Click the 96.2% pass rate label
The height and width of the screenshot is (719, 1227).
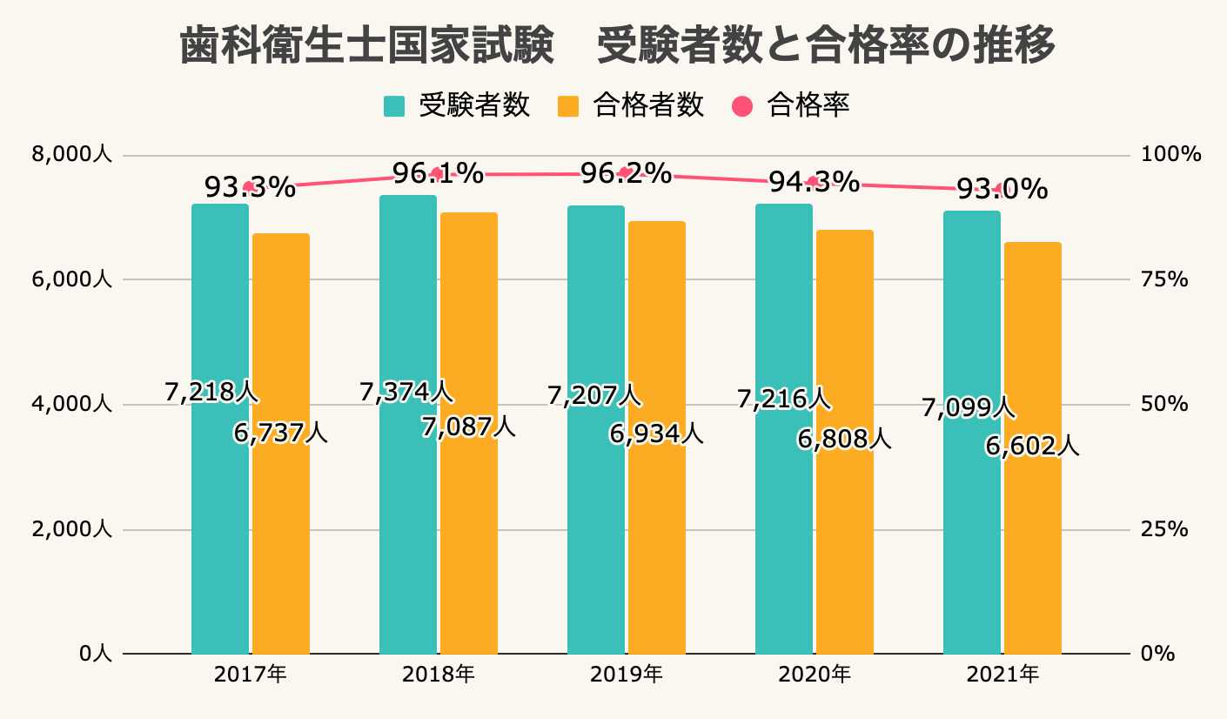pyautogui.click(x=626, y=173)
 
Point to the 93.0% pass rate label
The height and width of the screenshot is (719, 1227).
pyautogui.click(x=1002, y=189)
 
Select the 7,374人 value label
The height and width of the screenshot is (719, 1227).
pyautogui.click(x=406, y=392)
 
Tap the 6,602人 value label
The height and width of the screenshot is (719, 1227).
pyautogui.click(x=1032, y=447)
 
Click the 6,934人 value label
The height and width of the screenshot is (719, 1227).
pyautogui.click(x=656, y=433)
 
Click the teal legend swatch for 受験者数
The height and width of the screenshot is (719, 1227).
pyautogui.click(x=394, y=106)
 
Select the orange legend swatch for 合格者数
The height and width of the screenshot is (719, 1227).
pyautogui.click(x=568, y=106)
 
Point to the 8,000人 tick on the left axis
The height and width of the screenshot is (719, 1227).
pyautogui.click(x=72, y=155)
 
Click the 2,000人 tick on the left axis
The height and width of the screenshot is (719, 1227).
pyautogui.click(x=72, y=529)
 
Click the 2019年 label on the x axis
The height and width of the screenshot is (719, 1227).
pyautogui.click(x=626, y=674)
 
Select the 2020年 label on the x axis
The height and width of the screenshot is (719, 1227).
pyautogui.click(x=814, y=674)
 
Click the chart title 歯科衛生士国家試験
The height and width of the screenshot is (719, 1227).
pyautogui.click(x=366, y=45)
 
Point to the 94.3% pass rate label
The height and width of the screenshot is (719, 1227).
pyautogui.click(x=814, y=182)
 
